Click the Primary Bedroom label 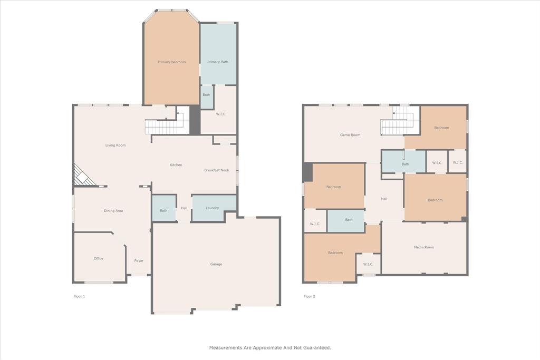tap(171, 62)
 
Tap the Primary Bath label tap(217, 62)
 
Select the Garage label tap(216, 264)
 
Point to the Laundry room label tap(212, 208)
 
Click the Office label tap(99, 259)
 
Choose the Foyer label tap(139, 261)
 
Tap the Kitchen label tap(176, 165)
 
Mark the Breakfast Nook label tap(217, 170)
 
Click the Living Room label tap(115, 145)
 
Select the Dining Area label tap(113, 211)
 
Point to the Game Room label tap(350, 135)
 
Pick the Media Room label tap(424, 247)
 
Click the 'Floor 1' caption tap(79, 297)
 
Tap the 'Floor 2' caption tap(309, 297)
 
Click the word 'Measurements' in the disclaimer tap(225, 348)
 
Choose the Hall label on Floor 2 tap(384, 199)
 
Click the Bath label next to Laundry tap(163, 211)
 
